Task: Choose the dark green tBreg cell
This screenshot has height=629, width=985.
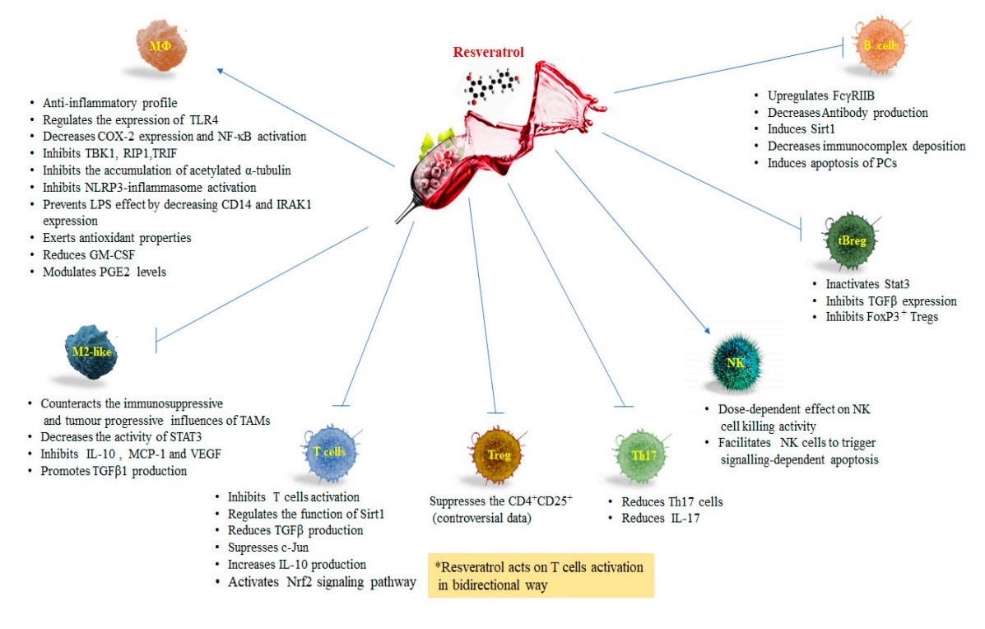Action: click(845, 240)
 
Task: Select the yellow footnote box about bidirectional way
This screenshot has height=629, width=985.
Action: click(541, 575)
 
